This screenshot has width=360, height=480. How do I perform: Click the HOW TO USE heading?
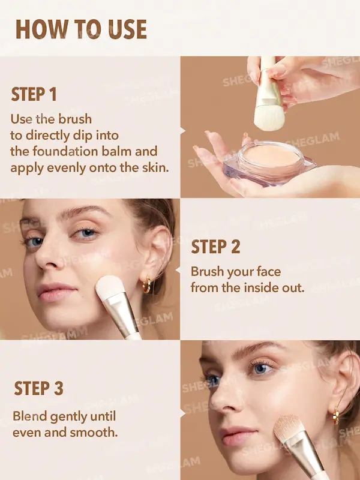[x=81, y=29]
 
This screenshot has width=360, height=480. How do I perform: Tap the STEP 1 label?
[x=34, y=94]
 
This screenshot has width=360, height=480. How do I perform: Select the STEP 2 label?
[x=215, y=247]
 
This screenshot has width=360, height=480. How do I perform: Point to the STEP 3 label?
[x=38, y=388]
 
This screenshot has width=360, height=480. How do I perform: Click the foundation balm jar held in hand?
[x=269, y=161]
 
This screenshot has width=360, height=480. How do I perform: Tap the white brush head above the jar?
[x=269, y=117]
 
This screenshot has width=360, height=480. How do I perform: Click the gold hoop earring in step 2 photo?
[x=147, y=284]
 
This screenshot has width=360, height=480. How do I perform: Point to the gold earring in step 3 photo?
[x=336, y=415]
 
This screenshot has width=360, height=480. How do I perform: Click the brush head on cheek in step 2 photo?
[x=110, y=287]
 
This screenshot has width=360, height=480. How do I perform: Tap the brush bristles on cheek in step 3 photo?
[x=287, y=427]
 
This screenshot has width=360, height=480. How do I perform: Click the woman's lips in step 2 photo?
[x=56, y=292]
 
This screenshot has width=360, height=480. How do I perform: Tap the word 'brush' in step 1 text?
[x=76, y=119]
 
